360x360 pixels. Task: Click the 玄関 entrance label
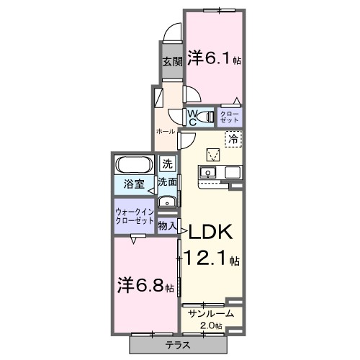tap(171, 61)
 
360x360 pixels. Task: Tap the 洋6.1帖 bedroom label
tap(214, 58)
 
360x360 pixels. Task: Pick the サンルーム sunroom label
tap(210, 314)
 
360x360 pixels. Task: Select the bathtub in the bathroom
tap(132, 164)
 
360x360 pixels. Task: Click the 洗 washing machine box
tap(167, 164)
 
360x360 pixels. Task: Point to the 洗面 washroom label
tap(168, 183)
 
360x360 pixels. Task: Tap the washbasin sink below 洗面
tap(167, 202)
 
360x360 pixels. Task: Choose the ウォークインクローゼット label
tap(134, 217)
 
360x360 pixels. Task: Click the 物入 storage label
tap(167, 226)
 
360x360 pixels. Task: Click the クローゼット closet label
tap(230, 116)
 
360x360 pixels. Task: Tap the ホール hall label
tap(166, 132)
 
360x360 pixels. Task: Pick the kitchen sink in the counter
tap(207, 171)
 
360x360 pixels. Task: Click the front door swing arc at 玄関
tap(170, 33)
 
